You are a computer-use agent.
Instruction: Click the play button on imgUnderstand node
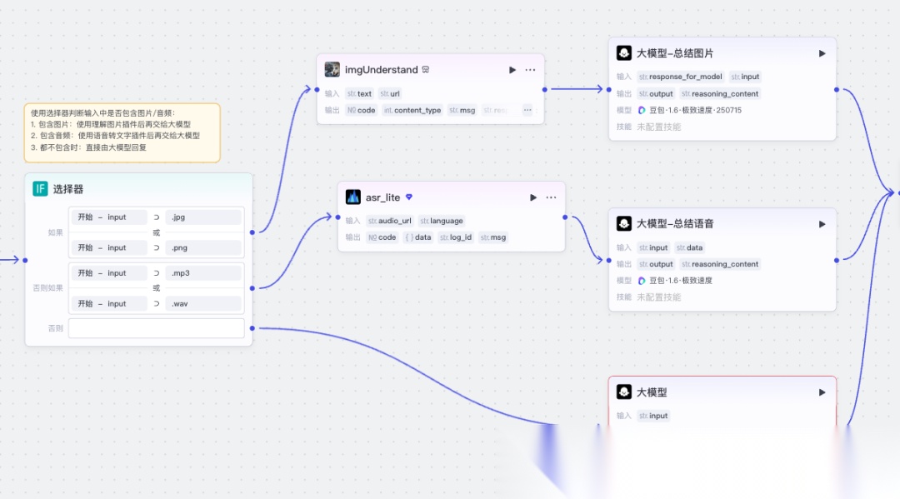pos(512,70)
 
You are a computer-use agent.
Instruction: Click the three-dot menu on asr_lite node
pos(551,197)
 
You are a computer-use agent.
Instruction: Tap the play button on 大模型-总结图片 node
pos(822,53)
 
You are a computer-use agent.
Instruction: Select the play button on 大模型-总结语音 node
pos(822,224)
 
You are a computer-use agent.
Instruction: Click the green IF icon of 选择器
pos(40,189)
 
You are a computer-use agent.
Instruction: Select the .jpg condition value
pos(202,217)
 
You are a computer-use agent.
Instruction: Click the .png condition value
pos(202,247)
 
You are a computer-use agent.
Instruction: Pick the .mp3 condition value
pos(202,273)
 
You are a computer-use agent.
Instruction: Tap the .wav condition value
pos(202,304)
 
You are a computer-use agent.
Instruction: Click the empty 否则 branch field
pos(156,328)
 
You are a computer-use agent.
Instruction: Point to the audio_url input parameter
pos(390,221)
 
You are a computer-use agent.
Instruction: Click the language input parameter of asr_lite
pos(442,221)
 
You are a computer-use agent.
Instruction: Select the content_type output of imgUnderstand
pos(412,110)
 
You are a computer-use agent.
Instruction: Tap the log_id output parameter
pos(456,237)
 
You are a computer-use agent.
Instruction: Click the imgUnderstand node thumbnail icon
pos(332,70)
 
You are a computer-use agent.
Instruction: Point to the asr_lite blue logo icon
pos(352,197)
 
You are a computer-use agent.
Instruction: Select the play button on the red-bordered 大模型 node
pos(822,392)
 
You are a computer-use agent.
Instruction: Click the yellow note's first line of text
pos(109,113)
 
